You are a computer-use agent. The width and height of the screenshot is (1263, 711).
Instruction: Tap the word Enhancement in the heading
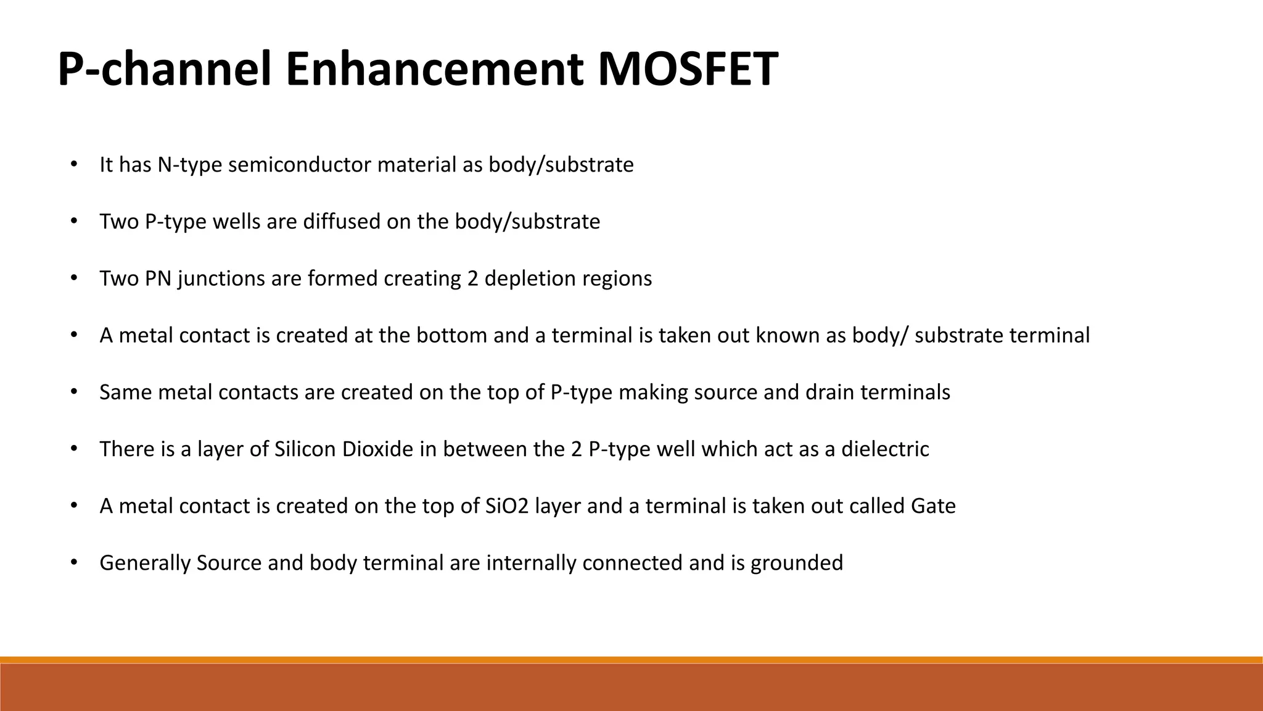(x=434, y=69)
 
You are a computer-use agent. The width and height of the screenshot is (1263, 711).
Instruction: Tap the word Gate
(x=933, y=506)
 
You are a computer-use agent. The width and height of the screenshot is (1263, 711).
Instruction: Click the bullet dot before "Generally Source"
(x=73, y=563)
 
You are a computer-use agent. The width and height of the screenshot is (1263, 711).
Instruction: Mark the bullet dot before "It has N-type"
(x=73, y=165)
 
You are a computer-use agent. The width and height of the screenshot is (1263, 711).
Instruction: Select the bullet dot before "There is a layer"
(x=73, y=449)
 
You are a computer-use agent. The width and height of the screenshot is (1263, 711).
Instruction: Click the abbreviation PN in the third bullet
(x=158, y=279)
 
